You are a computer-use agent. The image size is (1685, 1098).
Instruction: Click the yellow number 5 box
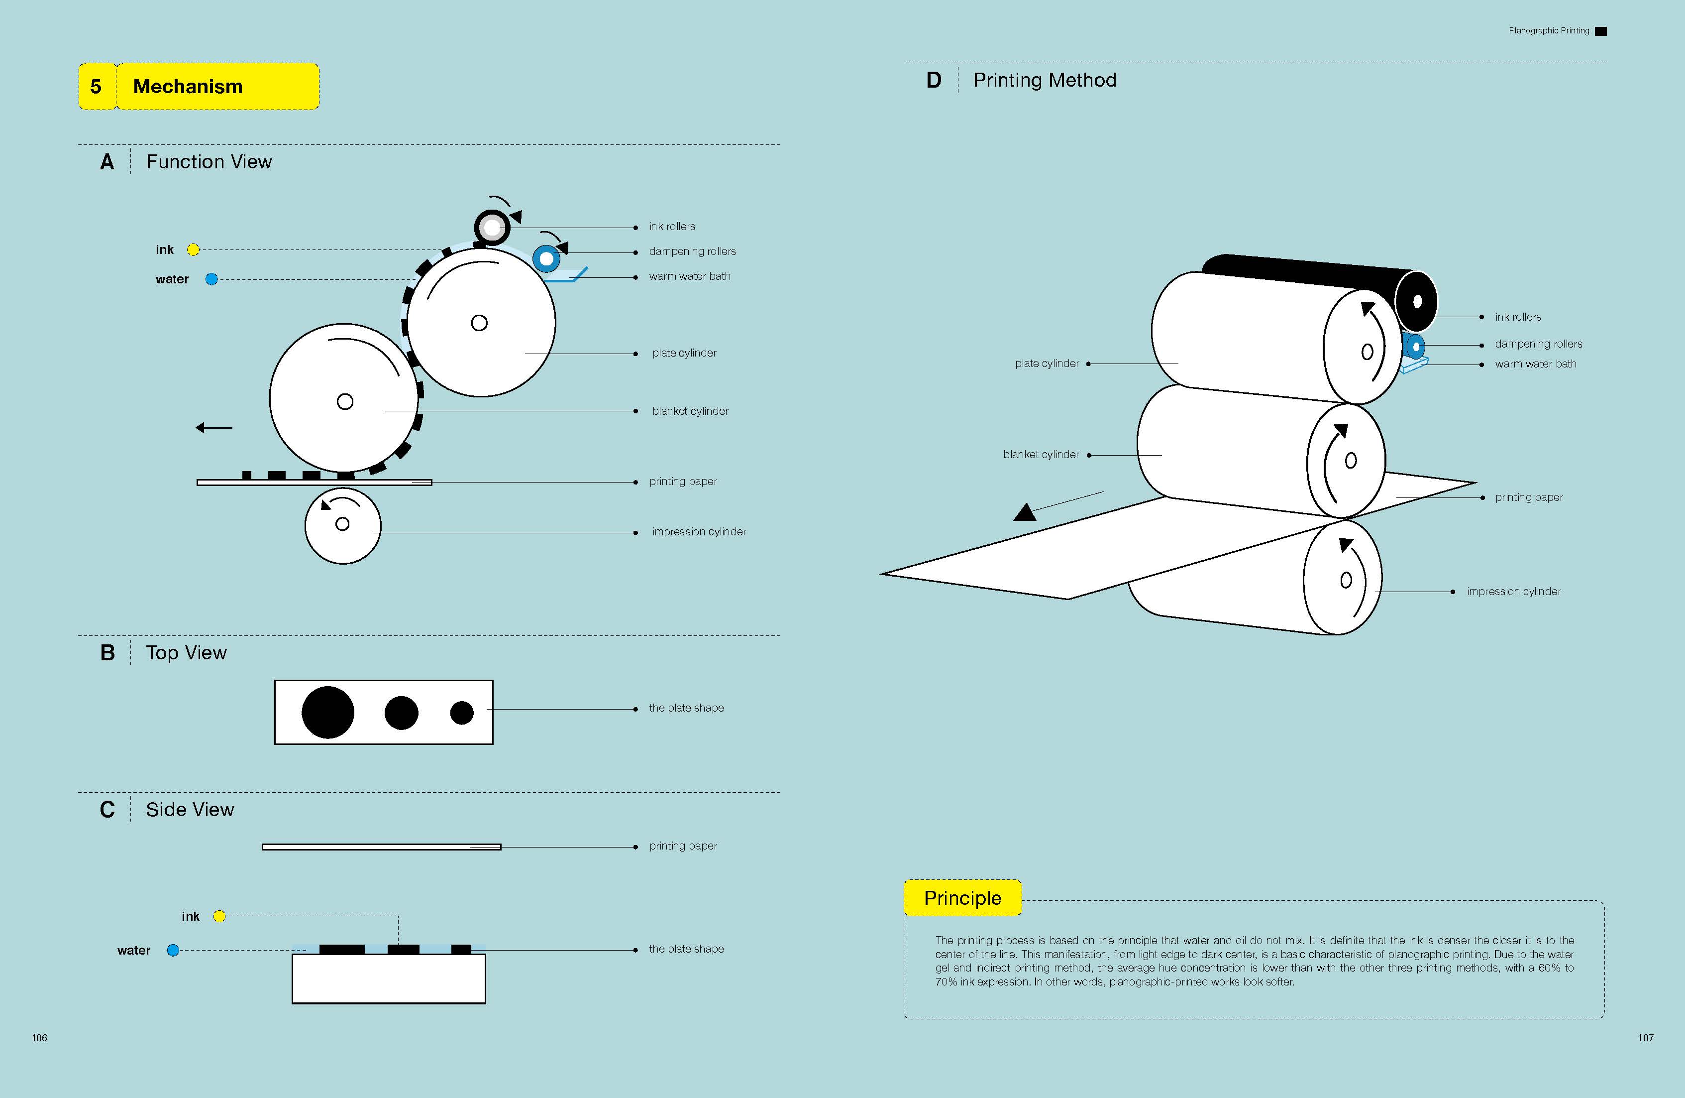96,87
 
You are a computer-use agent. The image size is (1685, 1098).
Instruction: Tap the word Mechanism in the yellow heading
188,87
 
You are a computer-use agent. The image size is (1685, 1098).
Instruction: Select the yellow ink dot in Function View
193,249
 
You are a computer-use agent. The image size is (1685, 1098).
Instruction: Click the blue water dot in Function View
211,279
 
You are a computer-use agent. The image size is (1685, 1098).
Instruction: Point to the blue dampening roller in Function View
546,258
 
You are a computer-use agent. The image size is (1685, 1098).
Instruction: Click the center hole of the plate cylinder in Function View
479,323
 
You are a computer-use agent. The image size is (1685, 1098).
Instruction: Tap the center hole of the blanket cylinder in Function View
345,402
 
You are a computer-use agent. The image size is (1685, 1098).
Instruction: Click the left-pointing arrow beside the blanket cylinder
213,427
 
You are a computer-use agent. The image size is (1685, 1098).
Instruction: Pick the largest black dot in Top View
328,712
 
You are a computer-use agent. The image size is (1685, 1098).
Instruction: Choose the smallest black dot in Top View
462,712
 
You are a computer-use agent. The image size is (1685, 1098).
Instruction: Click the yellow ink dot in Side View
219,916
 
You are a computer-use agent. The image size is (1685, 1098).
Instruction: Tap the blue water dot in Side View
173,950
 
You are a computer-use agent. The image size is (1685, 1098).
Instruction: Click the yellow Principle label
962,897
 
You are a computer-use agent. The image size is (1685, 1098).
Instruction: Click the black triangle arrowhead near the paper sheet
1025,512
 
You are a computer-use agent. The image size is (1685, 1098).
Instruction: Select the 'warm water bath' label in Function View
690,276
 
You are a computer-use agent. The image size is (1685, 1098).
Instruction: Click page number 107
1645,1038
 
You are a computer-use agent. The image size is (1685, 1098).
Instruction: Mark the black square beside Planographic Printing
1601,31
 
